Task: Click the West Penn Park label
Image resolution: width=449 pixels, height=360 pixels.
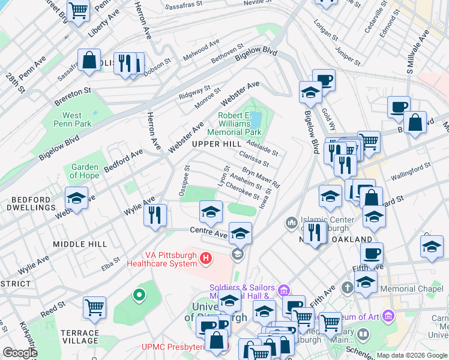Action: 72,120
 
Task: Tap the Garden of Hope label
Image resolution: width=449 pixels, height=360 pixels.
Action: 85,172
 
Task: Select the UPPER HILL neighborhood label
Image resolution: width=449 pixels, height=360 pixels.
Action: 216,145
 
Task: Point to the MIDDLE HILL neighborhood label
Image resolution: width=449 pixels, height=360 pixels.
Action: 80,244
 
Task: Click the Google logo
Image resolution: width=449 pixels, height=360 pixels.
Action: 20,353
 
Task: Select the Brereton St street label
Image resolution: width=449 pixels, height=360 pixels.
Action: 71,91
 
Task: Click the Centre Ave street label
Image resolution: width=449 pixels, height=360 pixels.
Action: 208,231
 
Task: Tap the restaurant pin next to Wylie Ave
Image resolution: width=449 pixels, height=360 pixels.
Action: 155,214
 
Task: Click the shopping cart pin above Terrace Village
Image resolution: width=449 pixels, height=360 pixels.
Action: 95,308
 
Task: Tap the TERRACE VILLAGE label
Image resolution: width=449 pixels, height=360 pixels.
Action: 80,337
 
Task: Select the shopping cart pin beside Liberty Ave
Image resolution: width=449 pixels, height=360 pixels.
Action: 79,10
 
